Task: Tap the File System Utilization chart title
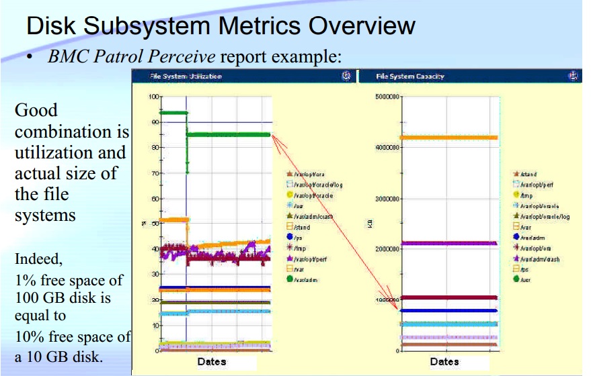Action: (186, 77)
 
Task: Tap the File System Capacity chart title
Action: (410, 77)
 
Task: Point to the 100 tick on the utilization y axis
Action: (153, 97)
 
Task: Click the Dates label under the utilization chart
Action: (212, 362)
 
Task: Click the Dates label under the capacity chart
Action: (444, 362)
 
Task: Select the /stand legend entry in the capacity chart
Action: (528, 174)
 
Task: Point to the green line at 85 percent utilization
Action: (229, 134)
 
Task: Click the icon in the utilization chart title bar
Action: (346, 77)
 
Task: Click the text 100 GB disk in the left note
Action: (44, 296)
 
